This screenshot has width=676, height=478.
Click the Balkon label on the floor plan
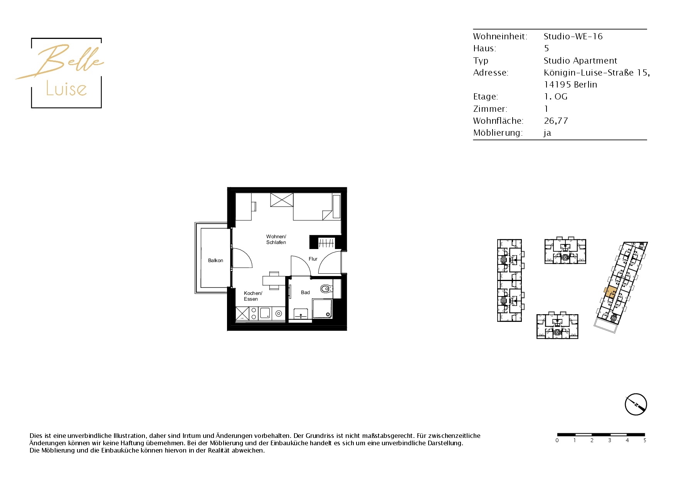tap(215, 261)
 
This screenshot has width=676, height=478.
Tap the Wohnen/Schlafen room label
tap(276, 239)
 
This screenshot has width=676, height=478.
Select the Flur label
tap(313, 259)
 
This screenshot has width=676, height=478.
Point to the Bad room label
tap(305, 293)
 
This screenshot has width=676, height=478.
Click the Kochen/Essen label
tap(253, 296)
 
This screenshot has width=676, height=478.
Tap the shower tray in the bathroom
tap(322, 308)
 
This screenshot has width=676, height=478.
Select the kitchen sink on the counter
tap(265, 313)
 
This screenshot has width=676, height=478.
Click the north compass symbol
tap(636, 404)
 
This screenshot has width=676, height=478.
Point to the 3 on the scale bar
tap(610, 440)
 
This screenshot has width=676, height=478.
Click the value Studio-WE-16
tap(573, 36)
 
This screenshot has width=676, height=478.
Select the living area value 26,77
tap(556, 121)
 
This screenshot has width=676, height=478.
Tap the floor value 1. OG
tap(555, 96)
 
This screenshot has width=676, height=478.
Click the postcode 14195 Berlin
tap(570, 84)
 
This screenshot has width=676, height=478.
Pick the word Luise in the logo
tap(66, 89)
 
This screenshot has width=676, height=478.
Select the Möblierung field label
tap(498, 133)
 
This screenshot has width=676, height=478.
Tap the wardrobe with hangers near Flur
tap(326, 243)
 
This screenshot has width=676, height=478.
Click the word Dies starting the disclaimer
tap(36, 436)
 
